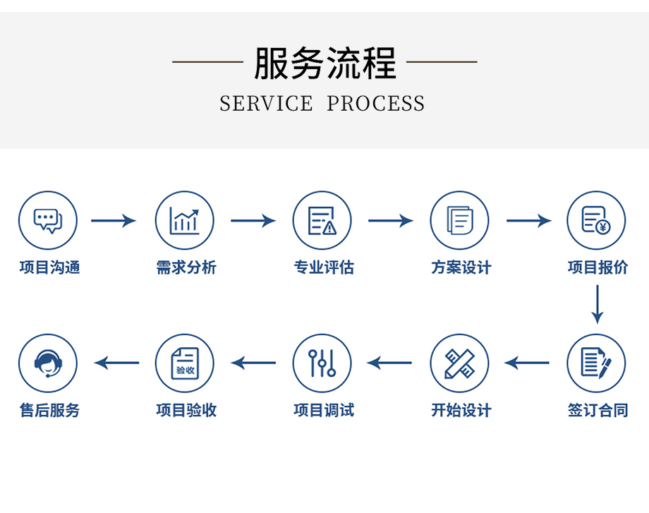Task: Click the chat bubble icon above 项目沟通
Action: (48, 221)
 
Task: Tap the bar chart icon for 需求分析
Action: (185, 221)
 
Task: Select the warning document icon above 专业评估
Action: (322, 221)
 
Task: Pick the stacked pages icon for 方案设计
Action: (460, 221)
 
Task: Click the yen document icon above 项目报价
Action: (597, 221)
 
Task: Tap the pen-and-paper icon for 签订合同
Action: (597, 363)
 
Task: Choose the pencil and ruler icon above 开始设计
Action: (460, 363)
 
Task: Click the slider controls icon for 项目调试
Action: (322, 363)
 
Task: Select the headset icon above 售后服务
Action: (48, 363)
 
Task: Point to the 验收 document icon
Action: (185, 363)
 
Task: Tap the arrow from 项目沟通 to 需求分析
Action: (114, 221)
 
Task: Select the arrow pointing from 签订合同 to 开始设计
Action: (527, 363)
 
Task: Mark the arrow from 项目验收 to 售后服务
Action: (116, 363)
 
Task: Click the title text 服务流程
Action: (325, 63)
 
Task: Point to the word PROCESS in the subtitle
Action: (375, 104)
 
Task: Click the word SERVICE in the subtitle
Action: (266, 104)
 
